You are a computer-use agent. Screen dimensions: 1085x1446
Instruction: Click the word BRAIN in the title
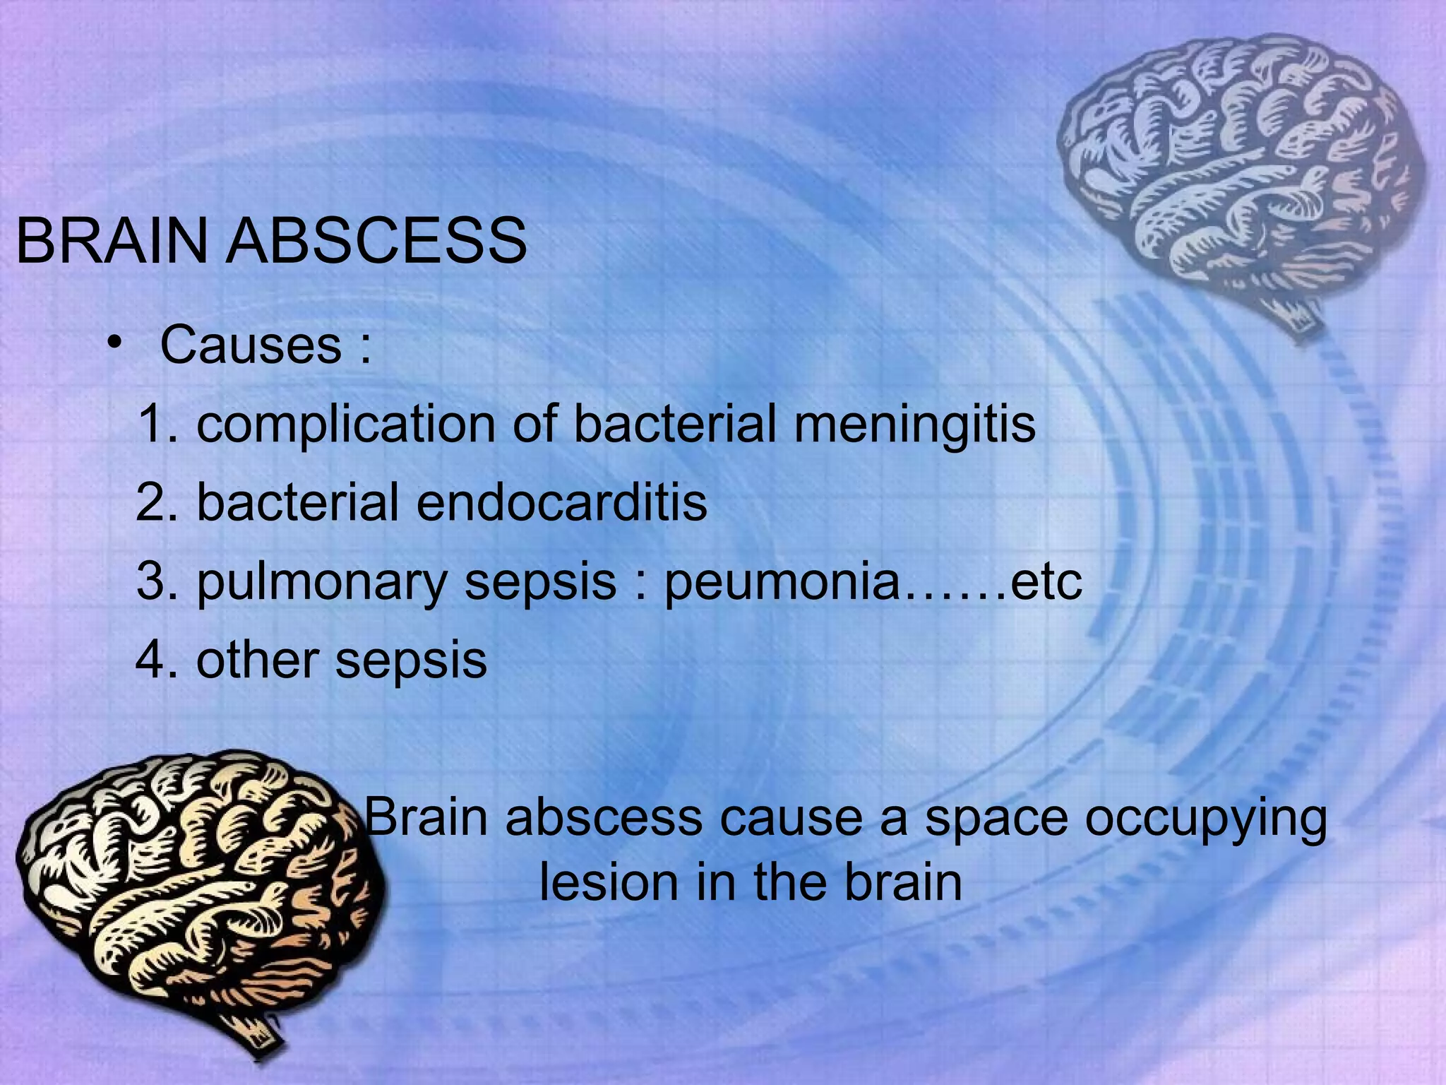click(112, 241)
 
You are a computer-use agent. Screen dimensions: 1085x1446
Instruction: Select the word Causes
click(251, 345)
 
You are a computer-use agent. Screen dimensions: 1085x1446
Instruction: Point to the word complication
click(345, 426)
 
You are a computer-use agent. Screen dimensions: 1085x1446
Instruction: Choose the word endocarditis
click(561, 502)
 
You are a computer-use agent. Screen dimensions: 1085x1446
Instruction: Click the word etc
click(1046, 582)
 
